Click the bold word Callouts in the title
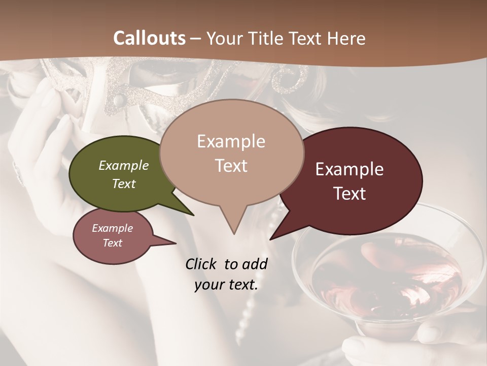(149, 38)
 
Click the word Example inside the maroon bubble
(350, 169)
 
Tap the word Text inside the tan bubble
(231, 166)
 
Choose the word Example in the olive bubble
(124, 165)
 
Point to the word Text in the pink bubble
(113, 243)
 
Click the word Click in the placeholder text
(202, 264)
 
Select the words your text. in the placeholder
(226, 285)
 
